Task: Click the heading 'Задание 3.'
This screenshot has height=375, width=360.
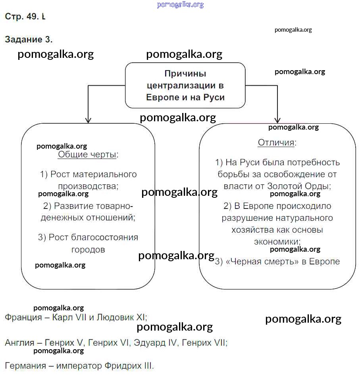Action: click(29, 40)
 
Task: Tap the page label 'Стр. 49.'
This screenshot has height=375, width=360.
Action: click(22, 17)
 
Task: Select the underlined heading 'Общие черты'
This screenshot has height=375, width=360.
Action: click(88, 155)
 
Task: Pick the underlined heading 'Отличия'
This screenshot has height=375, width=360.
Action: click(277, 143)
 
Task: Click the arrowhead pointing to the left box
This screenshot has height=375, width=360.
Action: click(89, 119)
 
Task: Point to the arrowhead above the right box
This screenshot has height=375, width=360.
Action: click(277, 119)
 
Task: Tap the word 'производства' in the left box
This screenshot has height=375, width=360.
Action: click(88, 186)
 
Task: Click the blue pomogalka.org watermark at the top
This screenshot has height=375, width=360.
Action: click(180, 5)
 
